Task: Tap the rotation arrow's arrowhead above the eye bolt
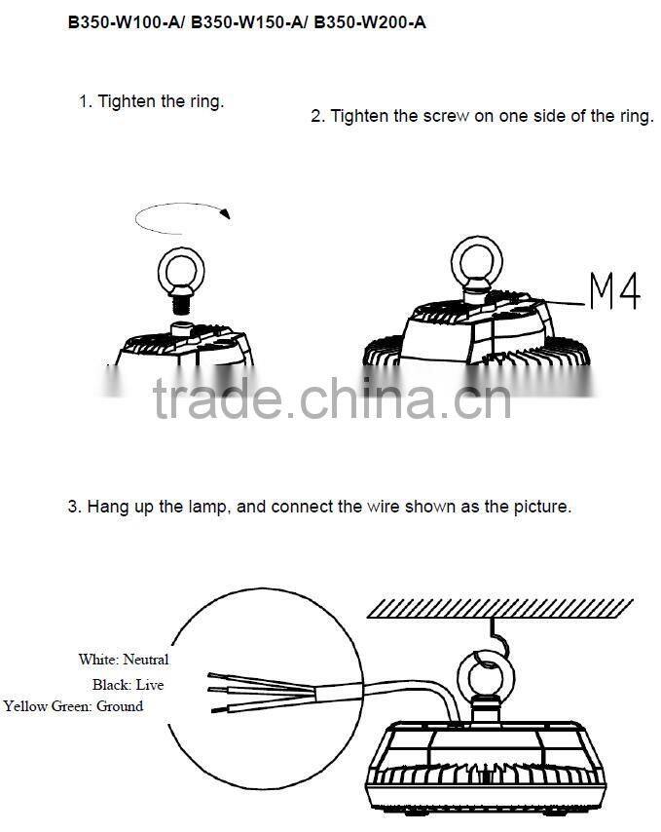[226, 213]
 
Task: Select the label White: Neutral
[124, 660]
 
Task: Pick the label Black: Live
[128, 685]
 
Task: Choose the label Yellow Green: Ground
[73, 706]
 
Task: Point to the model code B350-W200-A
[370, 22]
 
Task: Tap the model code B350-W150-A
[247, 22]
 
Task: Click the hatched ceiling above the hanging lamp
[499, 609]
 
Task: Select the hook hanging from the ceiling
[498, 638]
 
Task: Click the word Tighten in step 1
[127, 101]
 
